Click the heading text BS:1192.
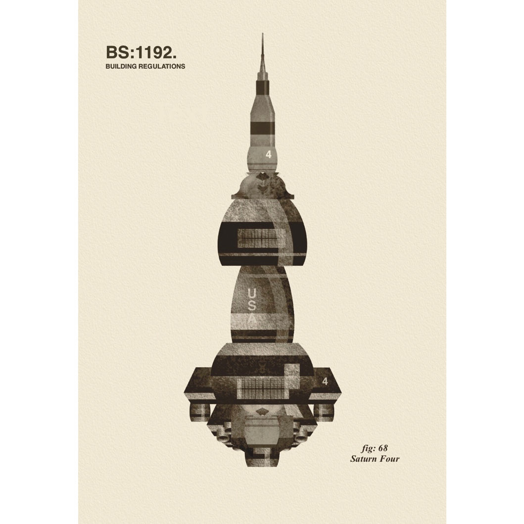pyautogui.click(x=141, y=52)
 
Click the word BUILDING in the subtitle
pyautogui.click(x=121, y=66)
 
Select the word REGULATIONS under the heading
pyautogui.click(x=162, y=66)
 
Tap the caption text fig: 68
pyautogui.click(x=374, y=448)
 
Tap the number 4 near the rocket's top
pyautogui.click(x=269, y=154)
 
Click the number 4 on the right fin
pyautogui.click(x=325, y=381)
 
